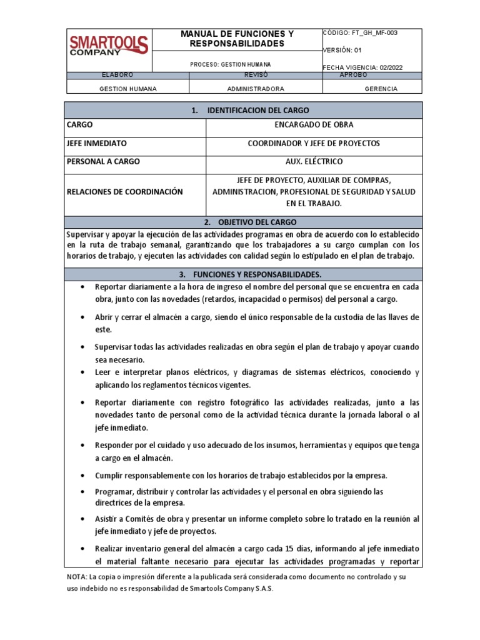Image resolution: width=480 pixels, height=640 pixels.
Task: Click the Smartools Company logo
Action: (x=108, y=45)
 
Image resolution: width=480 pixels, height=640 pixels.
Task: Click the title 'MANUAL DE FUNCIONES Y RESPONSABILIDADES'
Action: (x=237, y=38)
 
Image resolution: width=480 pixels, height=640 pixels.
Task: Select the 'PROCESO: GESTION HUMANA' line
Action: (x=231, y=64)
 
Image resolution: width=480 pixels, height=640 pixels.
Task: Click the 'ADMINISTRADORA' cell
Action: (x=256, y=89)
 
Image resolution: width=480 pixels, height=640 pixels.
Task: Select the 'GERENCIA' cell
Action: (x=381, y=89)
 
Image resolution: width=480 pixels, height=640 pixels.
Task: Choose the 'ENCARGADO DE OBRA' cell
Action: (x=314, y=124)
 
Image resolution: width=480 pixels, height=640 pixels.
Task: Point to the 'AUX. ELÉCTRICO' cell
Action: (x=314, y=161)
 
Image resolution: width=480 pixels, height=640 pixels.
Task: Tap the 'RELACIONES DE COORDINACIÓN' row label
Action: (x=124, y=191)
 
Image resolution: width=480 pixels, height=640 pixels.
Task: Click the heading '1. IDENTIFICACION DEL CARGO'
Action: (x=248, y=110)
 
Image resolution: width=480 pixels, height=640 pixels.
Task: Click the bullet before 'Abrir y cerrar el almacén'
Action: (x=83, y=317)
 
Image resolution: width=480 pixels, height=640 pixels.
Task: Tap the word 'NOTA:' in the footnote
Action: (x=78, y=577)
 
